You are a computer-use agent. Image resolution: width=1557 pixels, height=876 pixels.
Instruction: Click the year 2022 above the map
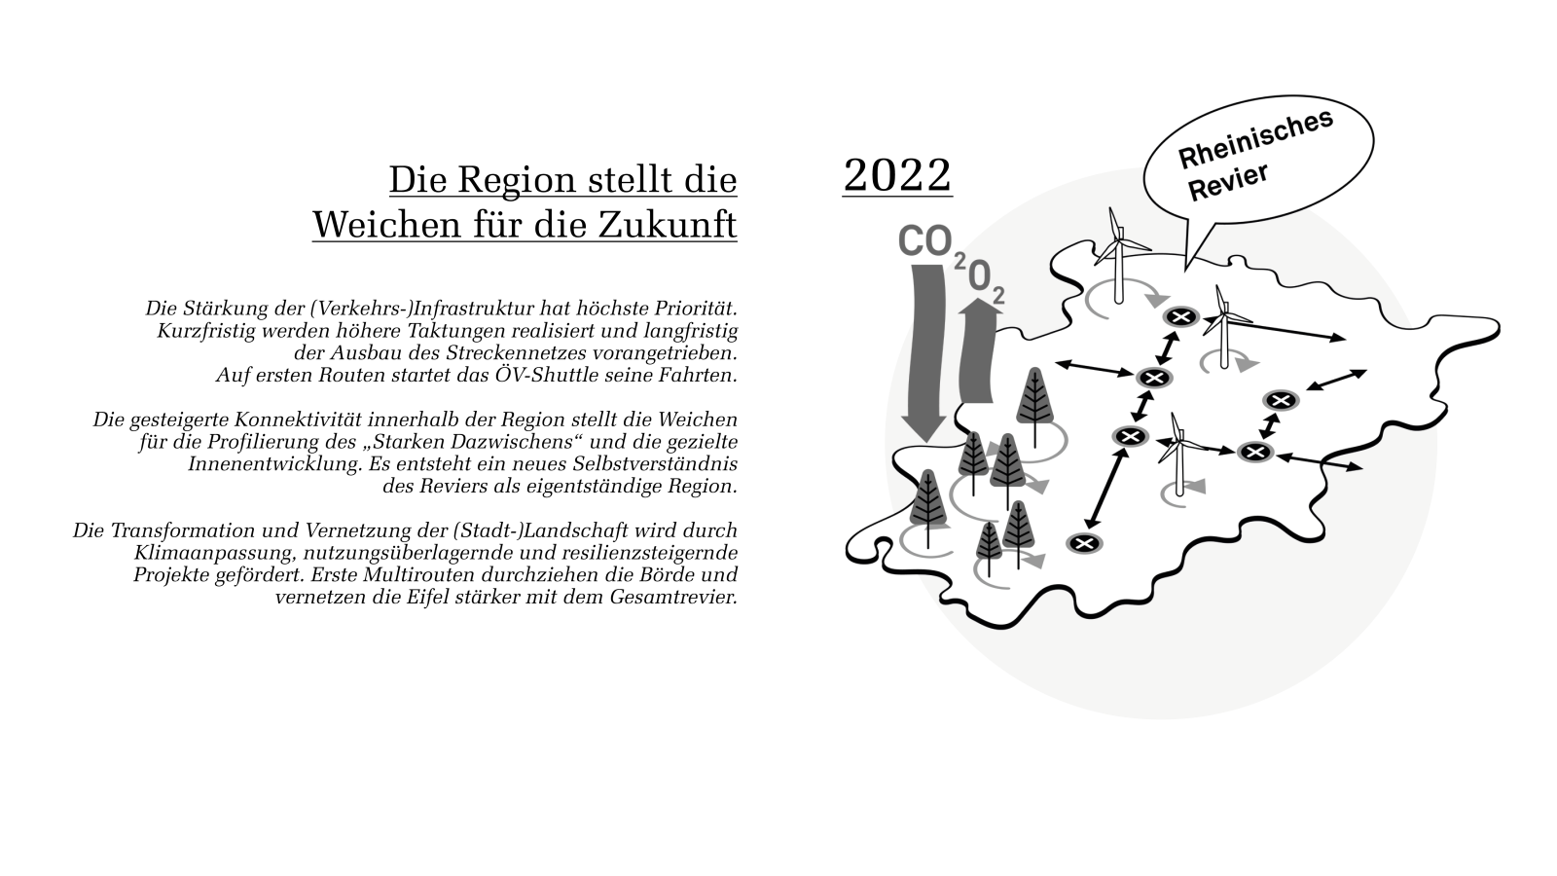tap(896, 175)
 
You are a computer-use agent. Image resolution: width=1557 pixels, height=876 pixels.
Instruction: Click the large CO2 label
tap(924, 241)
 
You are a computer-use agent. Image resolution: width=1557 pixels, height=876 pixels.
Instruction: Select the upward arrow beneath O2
tap(978, 350)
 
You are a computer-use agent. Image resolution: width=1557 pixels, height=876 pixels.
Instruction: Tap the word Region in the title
tap(517, 181)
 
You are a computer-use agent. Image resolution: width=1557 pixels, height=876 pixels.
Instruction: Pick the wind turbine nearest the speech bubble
tap(1118, 243)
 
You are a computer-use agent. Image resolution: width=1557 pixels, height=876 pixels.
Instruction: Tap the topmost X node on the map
tap(1180, 315)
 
